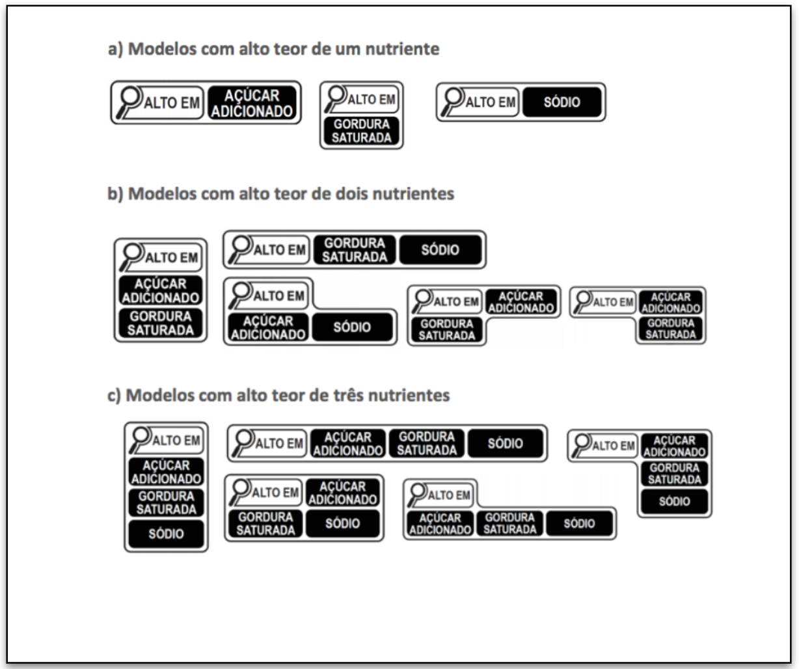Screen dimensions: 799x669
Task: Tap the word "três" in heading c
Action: (x=348, y=396)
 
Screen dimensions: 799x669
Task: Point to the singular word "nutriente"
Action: (x=402, y=49)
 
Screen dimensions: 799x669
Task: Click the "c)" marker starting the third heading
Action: (x=114, y=396)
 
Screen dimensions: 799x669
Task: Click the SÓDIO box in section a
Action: (x=562, y=102)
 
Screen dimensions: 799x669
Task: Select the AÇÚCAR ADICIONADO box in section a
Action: (x=252, y=103)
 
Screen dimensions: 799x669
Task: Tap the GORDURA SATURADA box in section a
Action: (x=361, y=131)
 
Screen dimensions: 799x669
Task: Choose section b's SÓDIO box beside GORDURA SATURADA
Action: (x=440, y=250)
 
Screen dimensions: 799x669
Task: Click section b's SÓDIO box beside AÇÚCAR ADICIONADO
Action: (x=352, y=327)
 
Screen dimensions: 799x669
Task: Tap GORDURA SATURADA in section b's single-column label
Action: (x=160, y=323)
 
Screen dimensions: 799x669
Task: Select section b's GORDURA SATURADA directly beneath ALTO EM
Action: (x=446, y=329)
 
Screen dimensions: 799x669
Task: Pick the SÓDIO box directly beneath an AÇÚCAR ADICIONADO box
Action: (x=342, y=523)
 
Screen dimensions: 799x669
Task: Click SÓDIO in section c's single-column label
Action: (x=166, y=534)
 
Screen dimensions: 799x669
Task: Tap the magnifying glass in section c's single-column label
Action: (x=139, y=440)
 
